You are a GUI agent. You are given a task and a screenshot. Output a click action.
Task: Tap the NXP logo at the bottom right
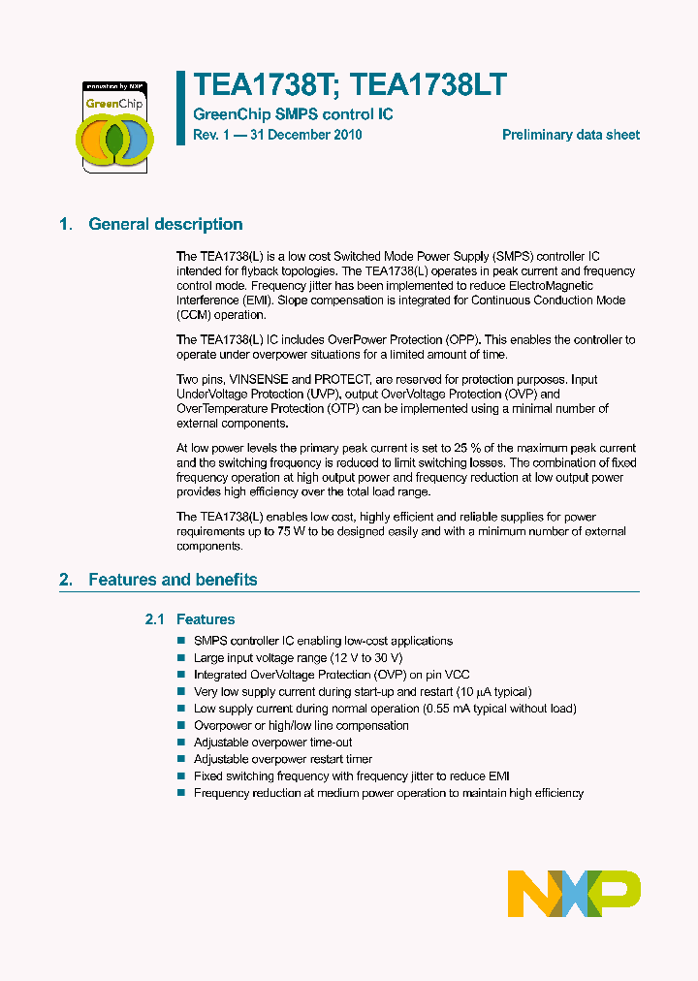(x=574, y=893)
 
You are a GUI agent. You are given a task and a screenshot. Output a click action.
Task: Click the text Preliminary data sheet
(x=570, y=135)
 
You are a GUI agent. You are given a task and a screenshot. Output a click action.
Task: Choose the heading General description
(x=166, y=224)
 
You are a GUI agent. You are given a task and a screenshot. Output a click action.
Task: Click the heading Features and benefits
(x=173, y=580)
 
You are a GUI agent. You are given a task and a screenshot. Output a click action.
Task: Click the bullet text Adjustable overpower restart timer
(x=283, y=759)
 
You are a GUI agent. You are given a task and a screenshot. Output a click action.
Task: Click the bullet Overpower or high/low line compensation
(x=301, y=725)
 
